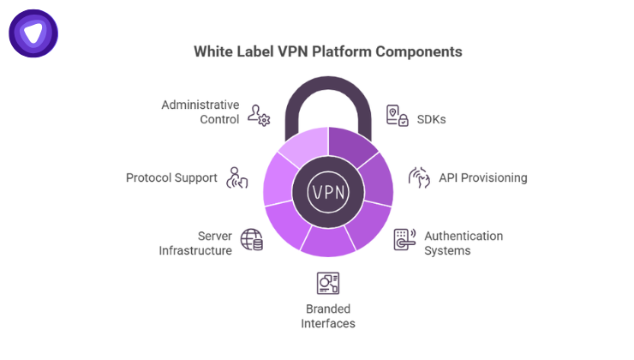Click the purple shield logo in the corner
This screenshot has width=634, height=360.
33,33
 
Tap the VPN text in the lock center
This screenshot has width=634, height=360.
328,190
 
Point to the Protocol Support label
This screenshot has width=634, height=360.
171,178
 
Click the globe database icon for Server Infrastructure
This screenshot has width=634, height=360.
251,239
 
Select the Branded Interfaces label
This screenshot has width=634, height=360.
328,316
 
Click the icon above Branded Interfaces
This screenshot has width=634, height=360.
328,282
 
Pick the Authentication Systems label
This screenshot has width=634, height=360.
464,243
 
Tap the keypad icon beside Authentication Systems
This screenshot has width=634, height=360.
404,239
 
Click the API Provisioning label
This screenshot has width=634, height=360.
482,178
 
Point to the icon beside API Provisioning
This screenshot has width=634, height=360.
418,177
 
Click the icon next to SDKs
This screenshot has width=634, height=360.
398,117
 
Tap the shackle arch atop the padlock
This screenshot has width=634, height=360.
328,87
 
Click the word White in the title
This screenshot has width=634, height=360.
212,51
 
